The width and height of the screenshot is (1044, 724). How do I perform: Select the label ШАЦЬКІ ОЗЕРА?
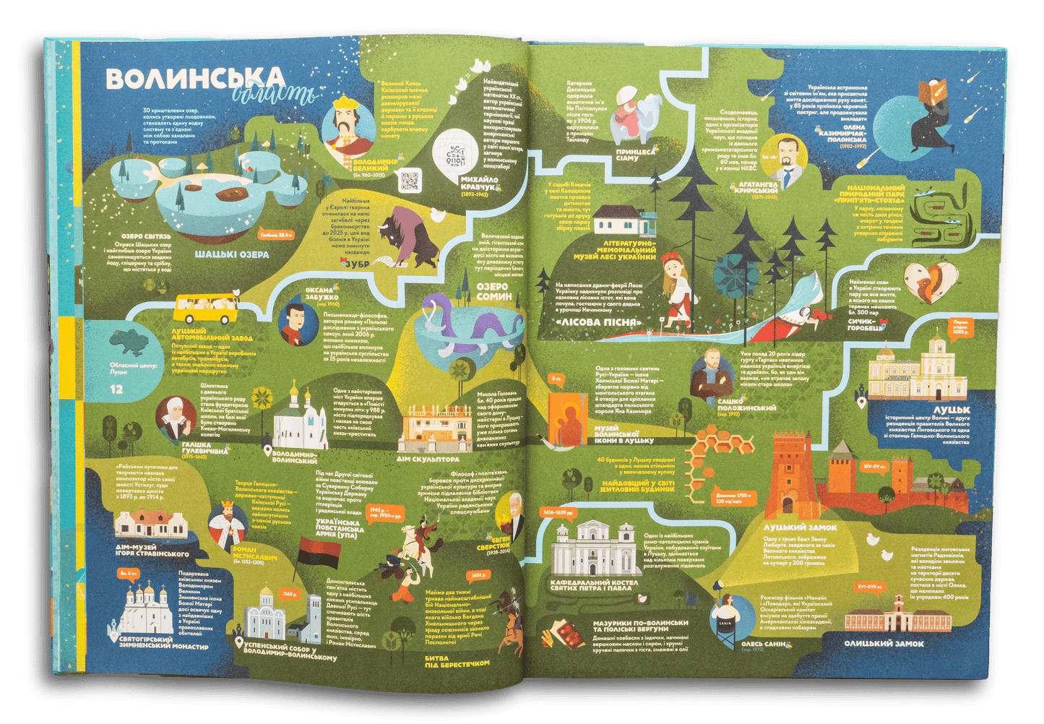[232, 254]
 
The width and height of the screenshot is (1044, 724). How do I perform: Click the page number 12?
[117, 389]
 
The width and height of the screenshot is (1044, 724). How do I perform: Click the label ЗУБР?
[354, 264]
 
